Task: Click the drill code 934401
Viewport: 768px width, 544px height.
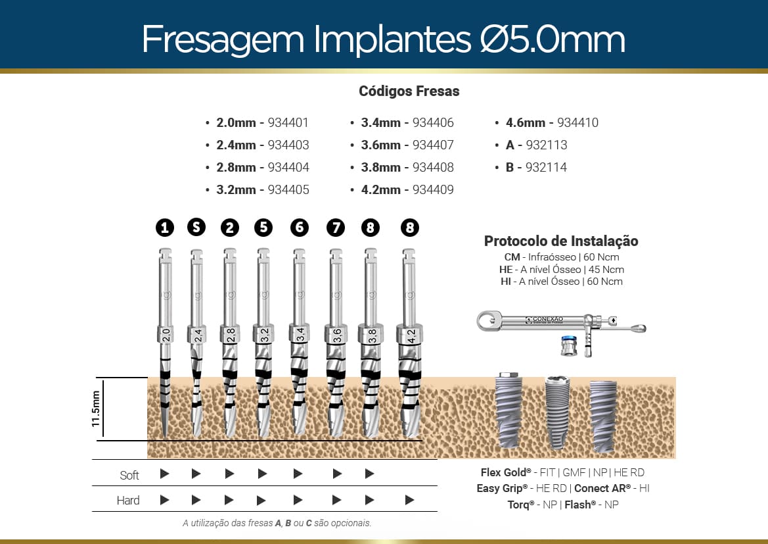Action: [288, 122]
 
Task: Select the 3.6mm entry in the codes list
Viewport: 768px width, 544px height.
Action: [380, 145]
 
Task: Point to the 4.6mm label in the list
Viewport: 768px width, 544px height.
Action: [526, 122]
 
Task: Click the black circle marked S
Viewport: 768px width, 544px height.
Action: [196, 228]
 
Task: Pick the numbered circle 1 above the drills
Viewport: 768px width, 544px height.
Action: [165, 228]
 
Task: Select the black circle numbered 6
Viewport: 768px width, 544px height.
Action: [299, 228]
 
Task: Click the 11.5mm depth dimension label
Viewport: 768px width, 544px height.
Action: [97, 408]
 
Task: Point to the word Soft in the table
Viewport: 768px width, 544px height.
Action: [129, 475]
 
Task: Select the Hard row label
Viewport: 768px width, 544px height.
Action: [128, 501]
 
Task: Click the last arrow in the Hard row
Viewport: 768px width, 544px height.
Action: [409, 500]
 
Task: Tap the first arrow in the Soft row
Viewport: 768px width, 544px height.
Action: [165, 474]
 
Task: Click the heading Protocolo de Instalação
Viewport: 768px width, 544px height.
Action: [560, 241]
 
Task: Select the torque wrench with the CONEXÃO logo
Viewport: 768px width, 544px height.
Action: [558, 322]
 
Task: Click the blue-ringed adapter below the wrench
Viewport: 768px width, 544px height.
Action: [570, 346]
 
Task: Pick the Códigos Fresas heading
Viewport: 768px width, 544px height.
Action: [409, 91]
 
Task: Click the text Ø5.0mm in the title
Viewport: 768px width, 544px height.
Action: [549, 39]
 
